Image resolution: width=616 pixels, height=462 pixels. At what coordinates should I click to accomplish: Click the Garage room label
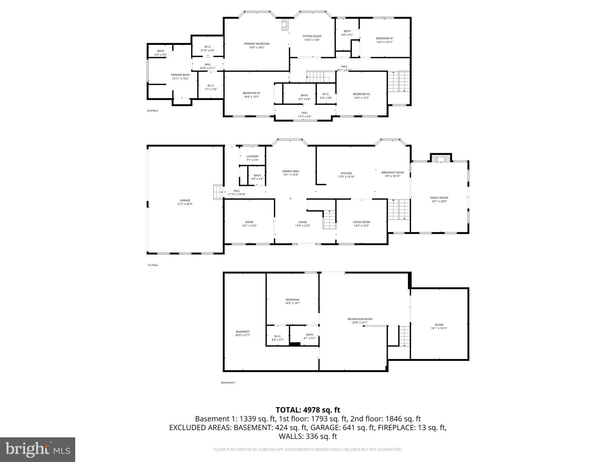coord(185,200)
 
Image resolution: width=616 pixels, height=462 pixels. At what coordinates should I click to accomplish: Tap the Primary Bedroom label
coord(257,44)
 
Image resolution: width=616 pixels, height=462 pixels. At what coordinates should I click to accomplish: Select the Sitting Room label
coord(312,36)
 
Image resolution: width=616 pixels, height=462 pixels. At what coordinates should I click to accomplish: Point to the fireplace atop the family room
coord(441,158)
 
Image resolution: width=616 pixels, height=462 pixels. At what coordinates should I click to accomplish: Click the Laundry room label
coord(252,156)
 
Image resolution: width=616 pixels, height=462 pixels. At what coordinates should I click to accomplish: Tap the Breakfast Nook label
coord(393,173)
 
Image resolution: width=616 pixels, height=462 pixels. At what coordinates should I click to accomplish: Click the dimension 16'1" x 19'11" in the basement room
coord(439,328)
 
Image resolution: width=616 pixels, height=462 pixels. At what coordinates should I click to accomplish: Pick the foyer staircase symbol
coord(330,220)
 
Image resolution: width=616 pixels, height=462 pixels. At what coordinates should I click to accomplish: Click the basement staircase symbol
coord(405,336)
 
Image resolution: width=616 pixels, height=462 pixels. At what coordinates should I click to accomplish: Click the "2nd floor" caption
coord(152,111)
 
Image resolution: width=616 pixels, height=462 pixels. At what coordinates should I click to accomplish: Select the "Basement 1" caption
coord(228,383)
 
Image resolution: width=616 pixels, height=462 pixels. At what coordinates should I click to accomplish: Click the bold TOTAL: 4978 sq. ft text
coord(308,410)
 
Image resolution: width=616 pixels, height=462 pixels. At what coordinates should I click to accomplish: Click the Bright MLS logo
coord(38,449)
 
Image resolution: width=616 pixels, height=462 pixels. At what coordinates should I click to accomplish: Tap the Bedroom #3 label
coord(251,93)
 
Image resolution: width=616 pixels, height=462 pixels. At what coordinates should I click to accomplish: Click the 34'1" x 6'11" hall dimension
coord(344,70)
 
